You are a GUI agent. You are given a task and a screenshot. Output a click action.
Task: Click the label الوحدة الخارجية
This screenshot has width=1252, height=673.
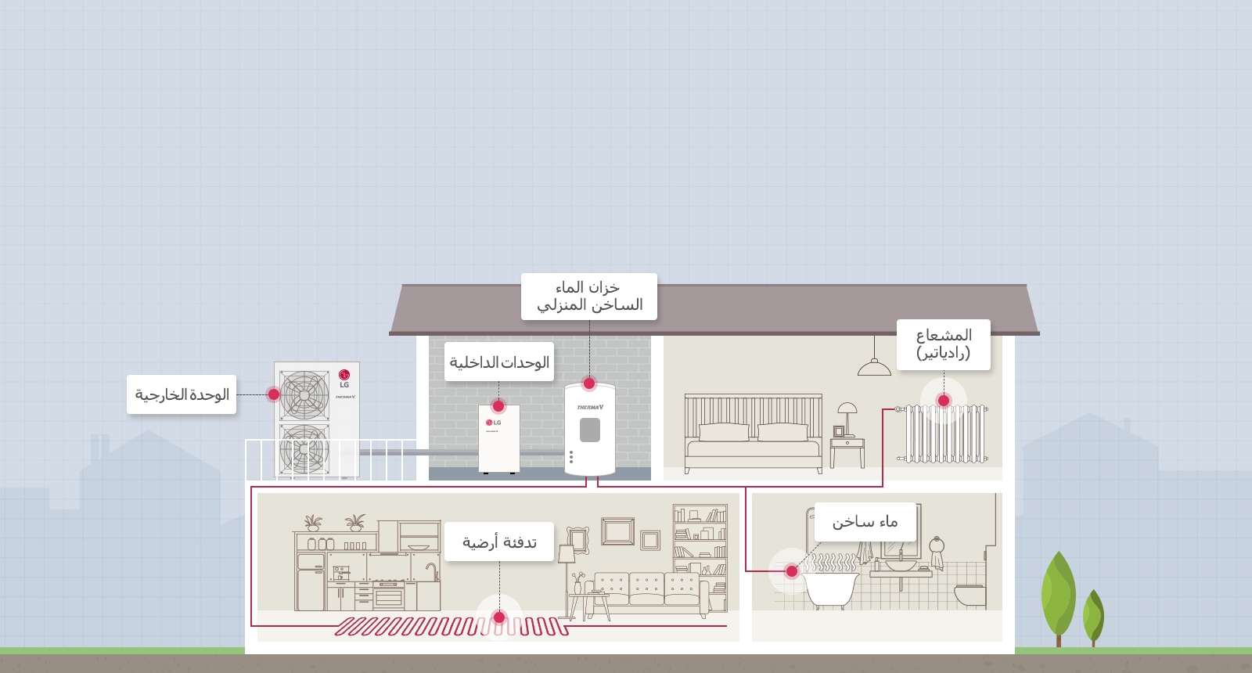[182, 394]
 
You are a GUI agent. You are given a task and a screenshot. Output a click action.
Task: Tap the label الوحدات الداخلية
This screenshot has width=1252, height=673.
[499, 362]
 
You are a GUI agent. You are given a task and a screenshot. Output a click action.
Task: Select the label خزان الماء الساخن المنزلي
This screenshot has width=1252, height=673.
[589, 297]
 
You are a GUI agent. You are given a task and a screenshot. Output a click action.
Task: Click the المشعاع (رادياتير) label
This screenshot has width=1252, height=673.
[943, 344]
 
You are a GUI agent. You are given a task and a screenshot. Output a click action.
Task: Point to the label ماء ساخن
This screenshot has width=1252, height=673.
[865, 522]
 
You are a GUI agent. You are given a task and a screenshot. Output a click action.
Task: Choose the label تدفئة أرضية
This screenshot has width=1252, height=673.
[499, 542]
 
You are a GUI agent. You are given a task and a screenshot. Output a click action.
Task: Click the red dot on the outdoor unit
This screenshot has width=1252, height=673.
[273, 394]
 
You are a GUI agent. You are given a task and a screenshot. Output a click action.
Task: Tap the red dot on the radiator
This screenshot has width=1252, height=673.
[944, 401]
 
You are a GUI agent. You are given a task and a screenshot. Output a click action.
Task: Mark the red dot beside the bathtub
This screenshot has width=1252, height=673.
[792, 571]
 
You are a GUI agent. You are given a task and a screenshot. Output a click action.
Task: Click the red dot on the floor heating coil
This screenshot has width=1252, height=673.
[499, 617]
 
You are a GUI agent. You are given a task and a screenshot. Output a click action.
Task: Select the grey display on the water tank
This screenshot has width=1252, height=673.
[590, 430]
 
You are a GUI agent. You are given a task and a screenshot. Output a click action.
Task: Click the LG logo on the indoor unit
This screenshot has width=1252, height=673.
[493, 423]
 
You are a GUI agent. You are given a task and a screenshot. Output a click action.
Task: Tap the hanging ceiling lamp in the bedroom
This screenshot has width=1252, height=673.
[874, 365]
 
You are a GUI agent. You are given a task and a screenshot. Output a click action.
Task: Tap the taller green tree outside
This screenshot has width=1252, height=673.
[1058, 595]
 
